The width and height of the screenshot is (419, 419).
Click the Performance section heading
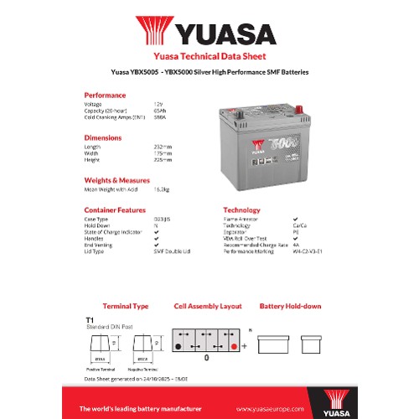pos(106,95)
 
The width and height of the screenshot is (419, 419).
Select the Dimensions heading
pos(103,137)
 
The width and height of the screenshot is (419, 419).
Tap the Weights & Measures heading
pos(116,178)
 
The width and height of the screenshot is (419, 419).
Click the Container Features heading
pos(116,209)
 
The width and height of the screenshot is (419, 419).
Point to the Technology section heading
pos(241,209)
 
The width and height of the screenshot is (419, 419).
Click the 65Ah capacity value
pos(159,110)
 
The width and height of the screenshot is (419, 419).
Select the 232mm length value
pos(162,147)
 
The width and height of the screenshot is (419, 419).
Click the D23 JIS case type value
pos(163,220)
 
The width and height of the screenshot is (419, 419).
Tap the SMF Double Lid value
pos(173,250)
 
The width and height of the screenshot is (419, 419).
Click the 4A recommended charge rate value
pos(295,244)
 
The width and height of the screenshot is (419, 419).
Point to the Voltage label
pos(93,104)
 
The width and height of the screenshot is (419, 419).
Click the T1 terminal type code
pos(90,319)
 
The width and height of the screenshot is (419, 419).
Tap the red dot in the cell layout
pos(233,345)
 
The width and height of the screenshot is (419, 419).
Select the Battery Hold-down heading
pos(290,306)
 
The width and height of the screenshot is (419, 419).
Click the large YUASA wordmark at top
pos(225,34)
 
